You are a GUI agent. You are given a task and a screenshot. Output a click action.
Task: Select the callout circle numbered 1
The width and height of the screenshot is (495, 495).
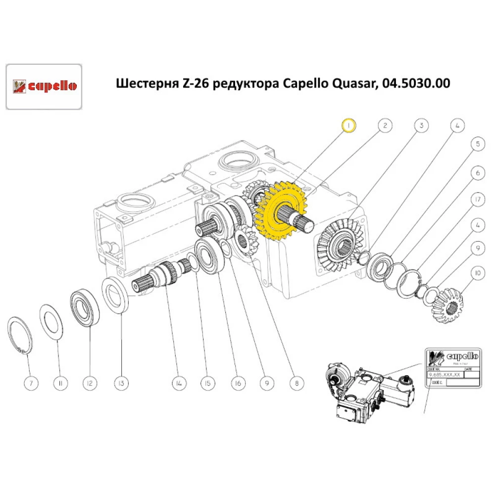point(349,126)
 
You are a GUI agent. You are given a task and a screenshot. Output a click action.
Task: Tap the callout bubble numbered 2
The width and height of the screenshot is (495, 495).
point(385,126)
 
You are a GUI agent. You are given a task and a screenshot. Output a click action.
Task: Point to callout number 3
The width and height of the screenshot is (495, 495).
point(421,126)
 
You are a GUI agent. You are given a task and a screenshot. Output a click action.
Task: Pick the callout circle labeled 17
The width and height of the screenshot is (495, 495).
point(477,200)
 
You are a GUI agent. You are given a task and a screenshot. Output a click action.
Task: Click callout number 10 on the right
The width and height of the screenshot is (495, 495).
point(477,272)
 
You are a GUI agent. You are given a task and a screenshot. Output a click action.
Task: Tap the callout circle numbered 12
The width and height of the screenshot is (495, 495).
point(91,383)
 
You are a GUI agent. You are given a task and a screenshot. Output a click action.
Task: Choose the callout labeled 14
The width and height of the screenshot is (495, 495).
point(179,383)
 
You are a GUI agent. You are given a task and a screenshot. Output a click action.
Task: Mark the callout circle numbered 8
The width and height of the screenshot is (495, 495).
point(297,383)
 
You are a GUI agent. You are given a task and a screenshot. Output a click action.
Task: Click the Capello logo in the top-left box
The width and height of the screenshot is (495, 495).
point(43,86)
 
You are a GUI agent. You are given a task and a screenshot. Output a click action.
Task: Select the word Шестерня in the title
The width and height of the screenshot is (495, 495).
point(141,83)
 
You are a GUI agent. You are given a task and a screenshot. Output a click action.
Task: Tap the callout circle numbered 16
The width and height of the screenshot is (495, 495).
point(238,383)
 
